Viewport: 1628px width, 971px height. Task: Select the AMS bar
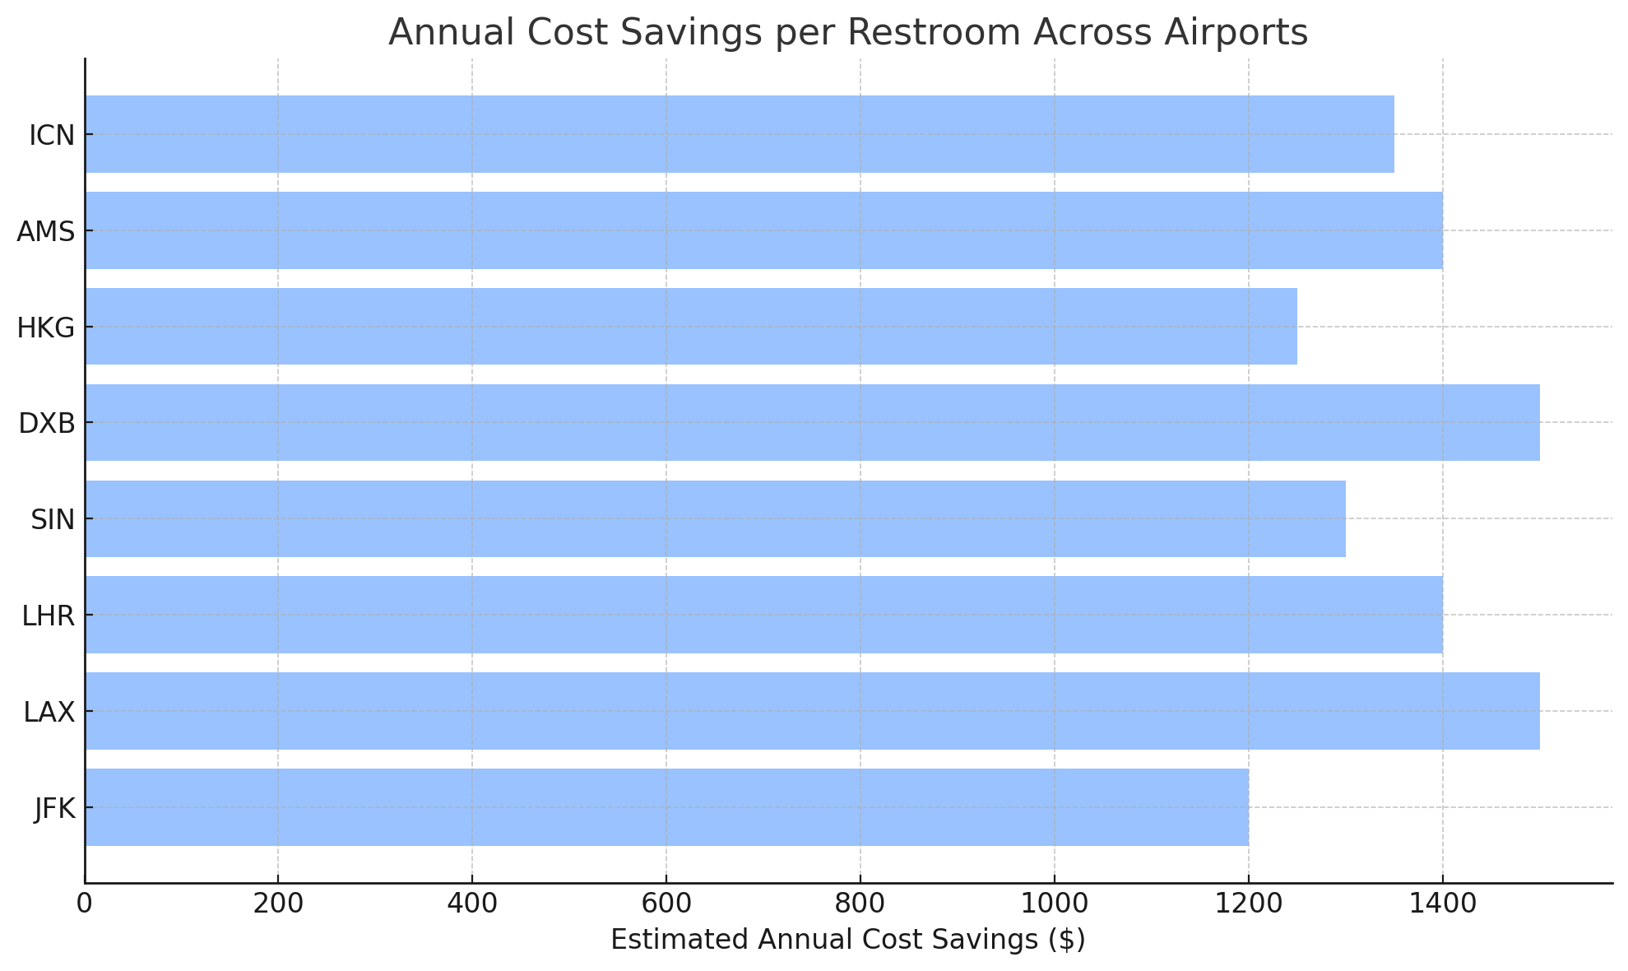[x=763, y=230]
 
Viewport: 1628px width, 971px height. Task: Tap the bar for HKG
[x=691, y=327]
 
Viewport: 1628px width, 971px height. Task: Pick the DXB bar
[x=812, y=422]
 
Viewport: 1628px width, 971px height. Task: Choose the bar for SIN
[x=715, y=518]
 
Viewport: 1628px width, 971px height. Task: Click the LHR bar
[x=763, y=615]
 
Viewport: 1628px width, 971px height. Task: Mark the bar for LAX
[x=812, y=711]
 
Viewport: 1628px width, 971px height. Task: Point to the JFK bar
[x=666, y=807]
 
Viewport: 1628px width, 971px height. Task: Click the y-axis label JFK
[x=54, y=809]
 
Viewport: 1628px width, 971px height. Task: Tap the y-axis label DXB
[x=47, y=424]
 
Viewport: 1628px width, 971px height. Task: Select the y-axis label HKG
[x=46, y=328]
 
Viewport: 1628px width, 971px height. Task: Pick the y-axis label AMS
[x=46, y=232]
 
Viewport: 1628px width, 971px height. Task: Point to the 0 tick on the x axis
[x=85, y=904]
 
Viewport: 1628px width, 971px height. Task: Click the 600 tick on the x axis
[x=666, y=904]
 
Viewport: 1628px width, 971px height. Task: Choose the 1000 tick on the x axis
[x=1055, y=904]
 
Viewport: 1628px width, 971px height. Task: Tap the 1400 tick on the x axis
[x=1442, y=904]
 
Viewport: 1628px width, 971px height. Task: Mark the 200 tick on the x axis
[x=278, y=904]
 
